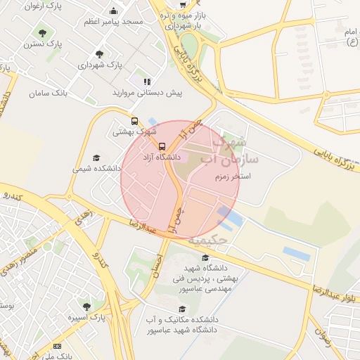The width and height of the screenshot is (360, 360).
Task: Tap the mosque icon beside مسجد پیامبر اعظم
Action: (x=113, y=11)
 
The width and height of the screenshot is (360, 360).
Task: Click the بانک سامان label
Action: (x=49, y=93)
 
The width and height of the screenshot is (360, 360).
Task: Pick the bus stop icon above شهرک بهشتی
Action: (x=134, y=120)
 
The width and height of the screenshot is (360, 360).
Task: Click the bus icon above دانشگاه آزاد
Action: (x=162, y=146)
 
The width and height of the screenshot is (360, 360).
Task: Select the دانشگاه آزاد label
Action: (x=162, y=156)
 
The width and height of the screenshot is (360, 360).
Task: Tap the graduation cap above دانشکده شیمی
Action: (x=96, y=158)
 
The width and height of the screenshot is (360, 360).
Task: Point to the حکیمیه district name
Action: (x=224, y=239)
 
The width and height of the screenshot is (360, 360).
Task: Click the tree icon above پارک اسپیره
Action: (x=86, y=307)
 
